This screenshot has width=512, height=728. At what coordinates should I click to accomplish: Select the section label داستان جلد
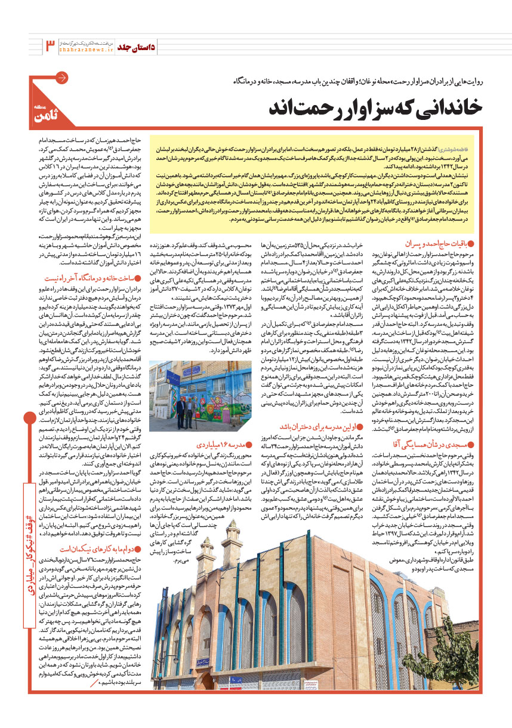135,46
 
